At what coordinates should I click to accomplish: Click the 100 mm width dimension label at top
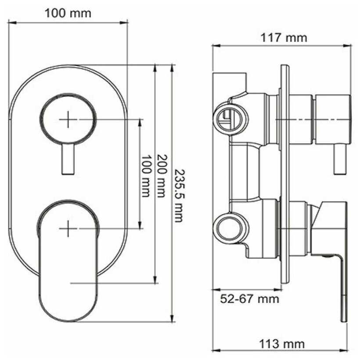[x=68, y=13]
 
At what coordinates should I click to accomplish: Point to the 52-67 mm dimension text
[x=249, y=299]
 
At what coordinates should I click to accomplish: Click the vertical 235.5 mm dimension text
[x=177, y=195]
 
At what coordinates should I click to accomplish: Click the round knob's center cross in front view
[x=68, y=119]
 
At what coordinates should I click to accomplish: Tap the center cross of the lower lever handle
[x=68, y=228]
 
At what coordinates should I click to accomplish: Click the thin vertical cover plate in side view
[x=284, y=176]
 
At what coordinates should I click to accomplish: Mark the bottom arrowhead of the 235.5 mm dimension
[x=172, y=319]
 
